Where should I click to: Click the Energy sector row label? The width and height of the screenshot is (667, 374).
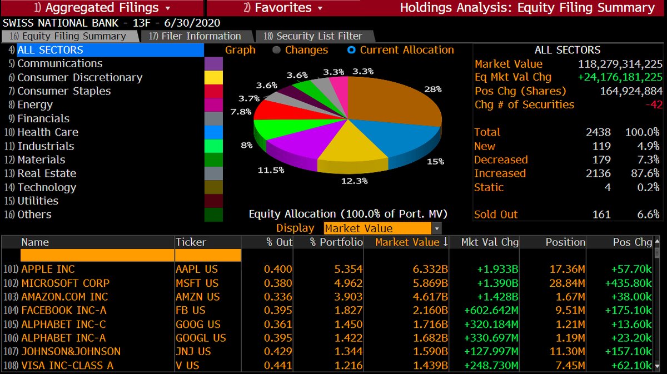(x=35, y=104)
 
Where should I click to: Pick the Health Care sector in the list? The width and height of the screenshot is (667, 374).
(x=48, y=132)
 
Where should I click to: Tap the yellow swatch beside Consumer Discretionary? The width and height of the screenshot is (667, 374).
(x=213, y=78)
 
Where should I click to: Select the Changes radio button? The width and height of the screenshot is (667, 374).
(x=277, y=50)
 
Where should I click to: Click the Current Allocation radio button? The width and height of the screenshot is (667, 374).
(x=351, y=50)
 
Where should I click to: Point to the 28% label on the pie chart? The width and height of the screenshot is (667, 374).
(x=432, y=89)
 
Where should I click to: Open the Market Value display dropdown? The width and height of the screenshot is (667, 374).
(x=437, y=228)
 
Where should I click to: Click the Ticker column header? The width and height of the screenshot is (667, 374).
(x=191, y=242)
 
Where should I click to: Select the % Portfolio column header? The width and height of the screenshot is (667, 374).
(x=336, y=242)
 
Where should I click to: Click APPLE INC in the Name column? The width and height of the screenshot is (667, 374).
(x=48, y=270)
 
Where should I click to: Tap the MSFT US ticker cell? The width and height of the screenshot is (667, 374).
(x=197, y=283)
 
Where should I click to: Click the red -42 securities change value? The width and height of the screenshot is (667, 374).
(x=651, y=104)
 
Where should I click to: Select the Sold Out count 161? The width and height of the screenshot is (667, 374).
(x=601, y=215)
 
